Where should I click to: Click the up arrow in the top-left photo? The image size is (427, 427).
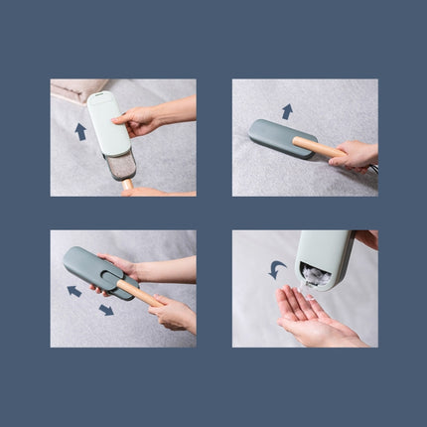click(x=80, y=131)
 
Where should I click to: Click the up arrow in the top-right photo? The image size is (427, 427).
click(x=287, y=111)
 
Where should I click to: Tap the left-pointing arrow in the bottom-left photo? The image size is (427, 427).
click(x=74, y=291)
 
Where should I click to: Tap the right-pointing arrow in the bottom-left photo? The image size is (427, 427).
click(x=105, y=310)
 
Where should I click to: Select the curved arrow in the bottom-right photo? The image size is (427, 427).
click(x=277, y=268)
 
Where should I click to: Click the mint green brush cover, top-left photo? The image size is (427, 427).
click(x=107, y=123)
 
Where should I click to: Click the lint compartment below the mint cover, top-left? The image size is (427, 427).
click(x=121, y=165)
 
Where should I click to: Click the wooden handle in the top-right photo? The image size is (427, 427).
click(x=315, y=148)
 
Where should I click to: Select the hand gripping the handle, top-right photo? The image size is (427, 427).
click(x=356, y=155)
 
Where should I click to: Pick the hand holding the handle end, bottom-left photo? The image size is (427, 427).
click(x=175, y=315)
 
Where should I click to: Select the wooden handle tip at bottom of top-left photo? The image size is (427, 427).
click(x=127, y=185)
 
